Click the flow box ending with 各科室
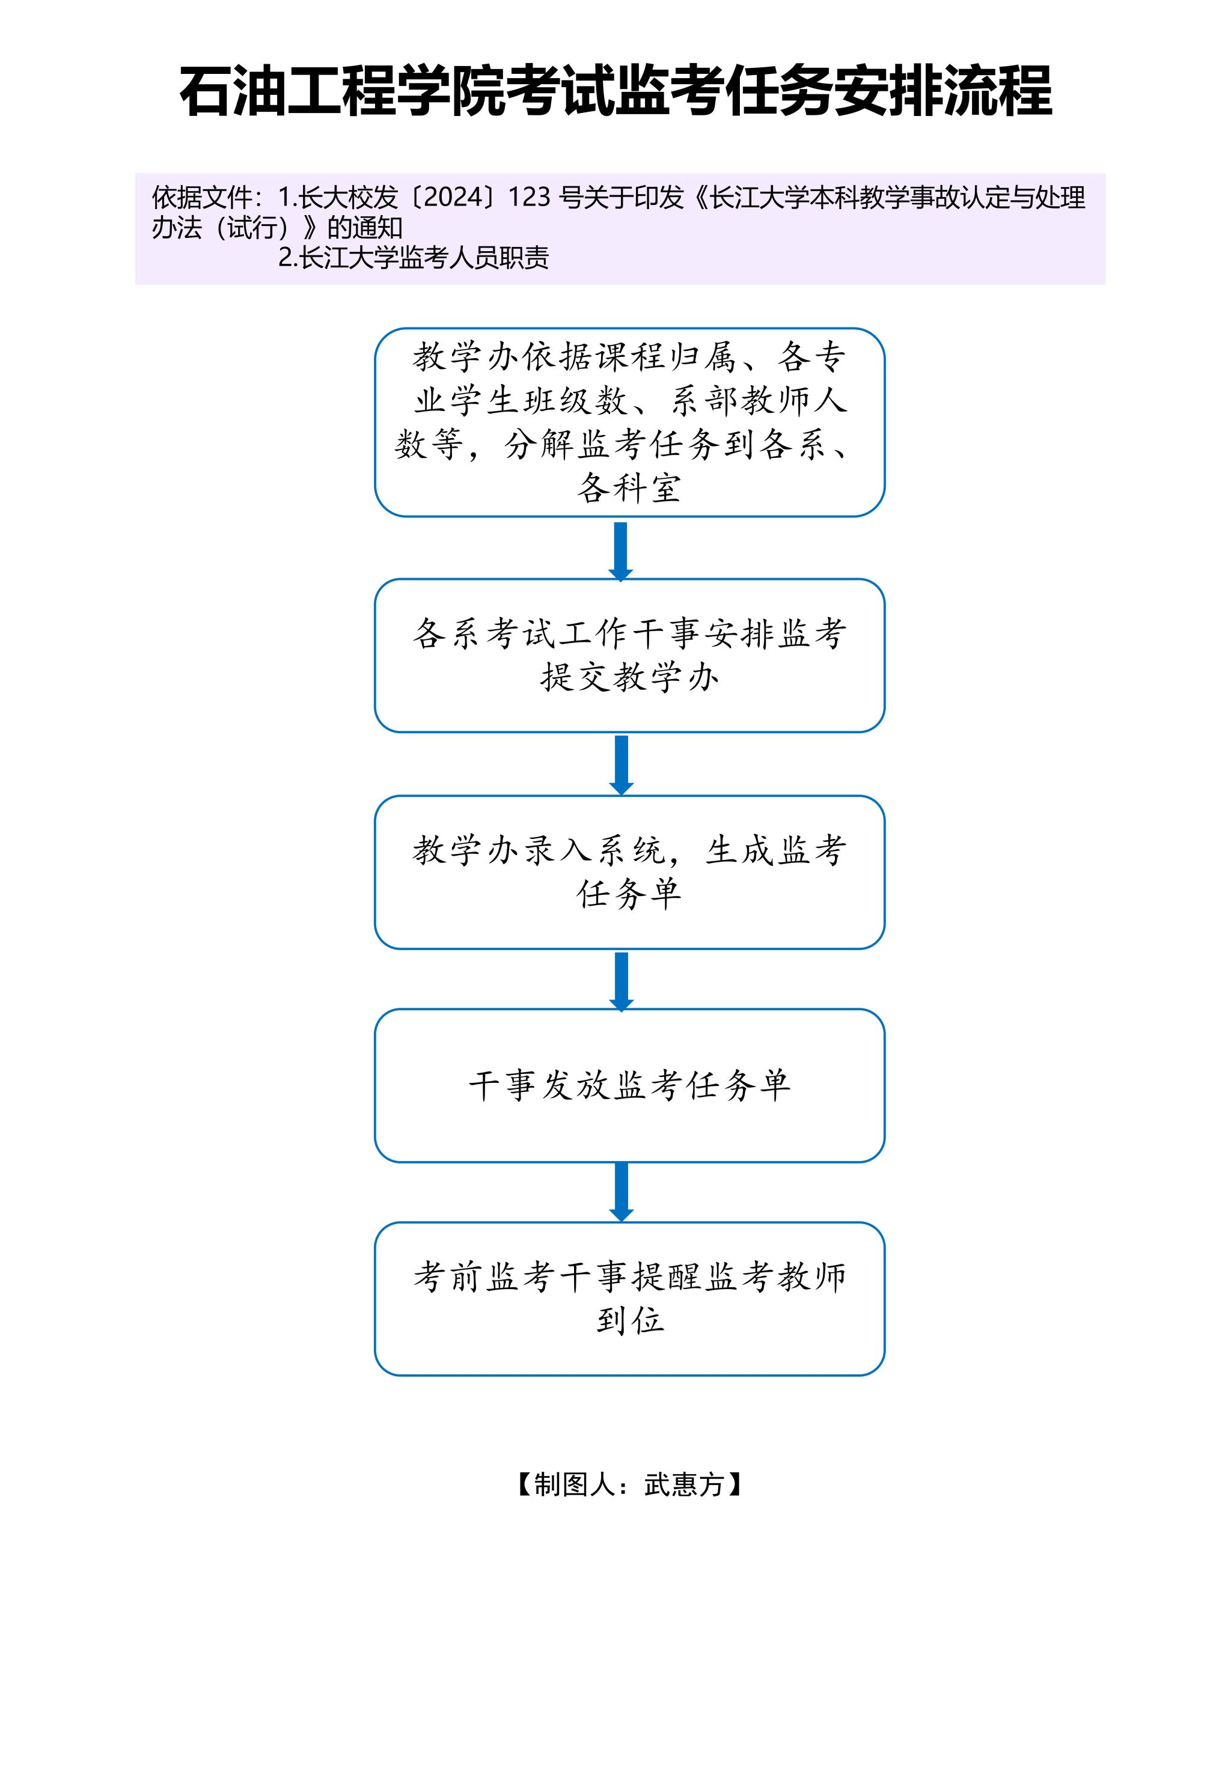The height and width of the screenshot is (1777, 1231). click(629, 422)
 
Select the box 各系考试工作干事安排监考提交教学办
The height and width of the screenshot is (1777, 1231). click(629, 656)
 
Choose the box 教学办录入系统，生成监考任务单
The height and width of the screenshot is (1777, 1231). click(629, 872)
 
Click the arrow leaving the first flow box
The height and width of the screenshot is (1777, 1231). click(621, 550)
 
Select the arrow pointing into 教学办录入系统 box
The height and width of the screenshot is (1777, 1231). click(621, 764)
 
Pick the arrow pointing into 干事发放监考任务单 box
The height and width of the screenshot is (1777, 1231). click(621, 980)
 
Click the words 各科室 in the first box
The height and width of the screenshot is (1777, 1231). click(629, 487)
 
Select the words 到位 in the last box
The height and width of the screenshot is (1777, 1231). click(629, 1321)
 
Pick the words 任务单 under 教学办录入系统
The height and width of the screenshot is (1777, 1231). click(629, 894)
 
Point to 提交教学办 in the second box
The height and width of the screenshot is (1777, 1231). click(629, 678)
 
